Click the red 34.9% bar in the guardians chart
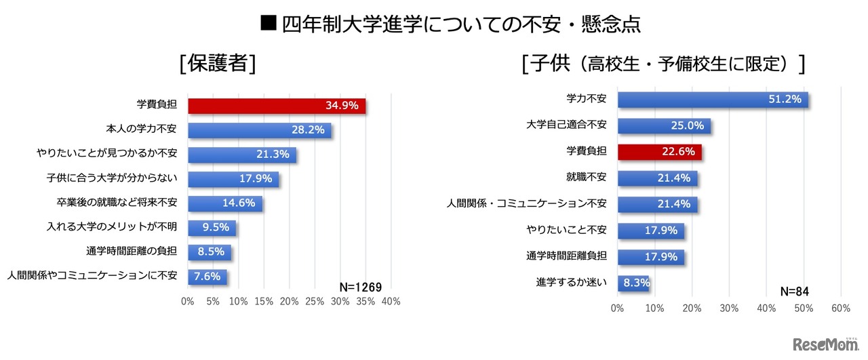tap(277, 106)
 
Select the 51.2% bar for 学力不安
tap(712, 100)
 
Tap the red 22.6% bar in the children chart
tap(659, 152)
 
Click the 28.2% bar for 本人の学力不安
tap(259, 130)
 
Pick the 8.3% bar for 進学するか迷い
tap(633, 282)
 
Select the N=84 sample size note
tap(794, 292)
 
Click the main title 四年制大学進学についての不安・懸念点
tap(450, 25)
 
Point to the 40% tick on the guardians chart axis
tap(391, 302)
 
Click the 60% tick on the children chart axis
tap(840, 308)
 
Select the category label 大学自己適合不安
tap(566, 125)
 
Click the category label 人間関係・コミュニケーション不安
tap(526, 204)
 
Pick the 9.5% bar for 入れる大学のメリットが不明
tap(212, 227)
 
